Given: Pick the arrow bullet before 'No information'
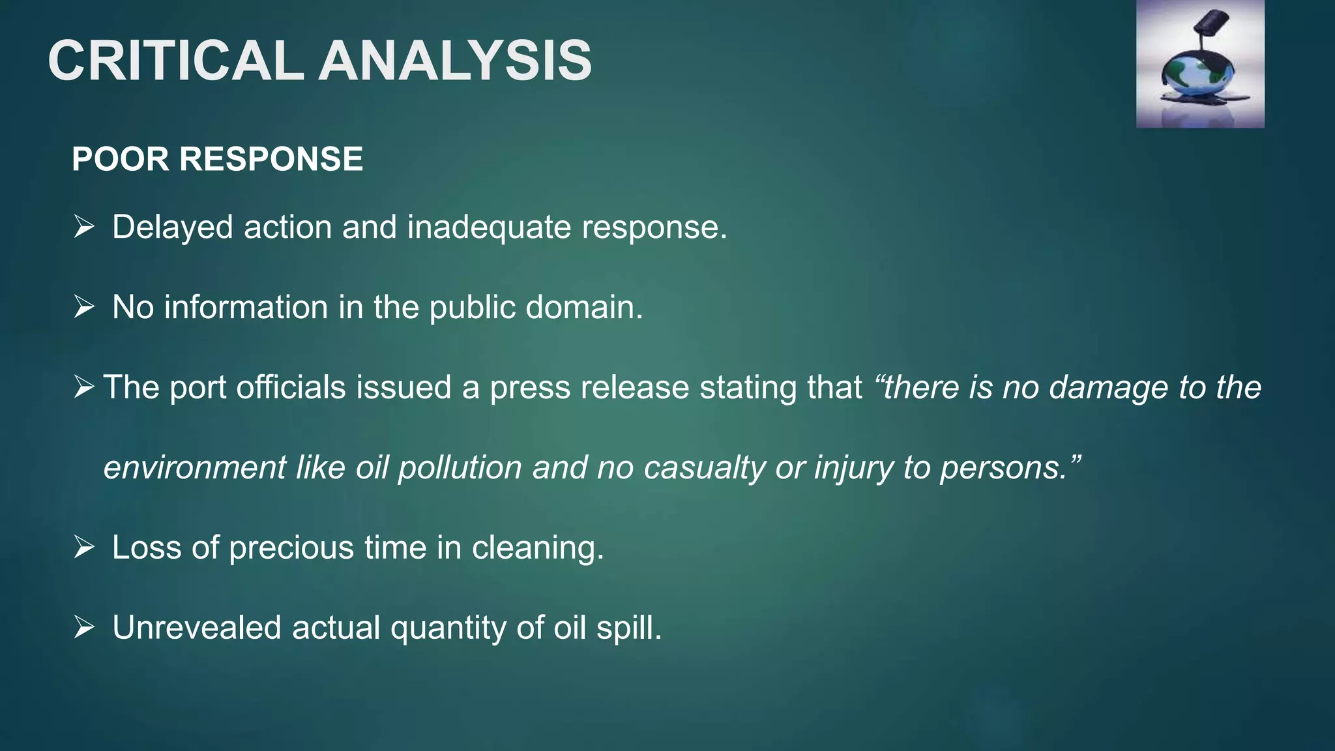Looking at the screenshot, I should [84, 306].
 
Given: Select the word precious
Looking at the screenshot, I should [291, 548].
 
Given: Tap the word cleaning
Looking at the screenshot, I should [538, 548].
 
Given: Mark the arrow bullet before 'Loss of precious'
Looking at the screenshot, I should [84, 547].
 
